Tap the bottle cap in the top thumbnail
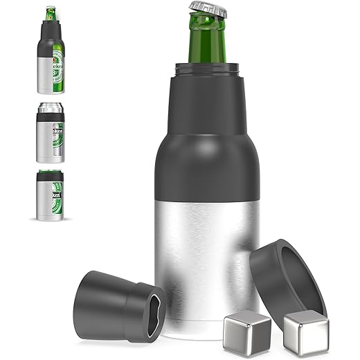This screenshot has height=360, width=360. [x=51, y=9]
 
